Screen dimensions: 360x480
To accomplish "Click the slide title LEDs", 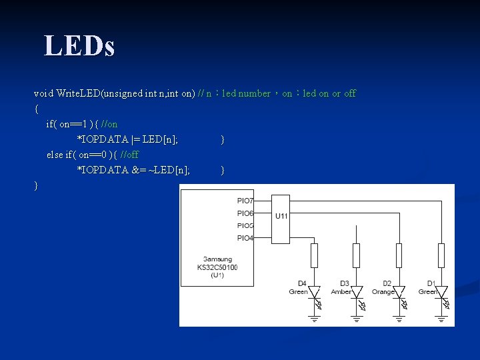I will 79,46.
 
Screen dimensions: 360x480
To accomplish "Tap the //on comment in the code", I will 109,124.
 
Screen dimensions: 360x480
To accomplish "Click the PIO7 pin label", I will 245,201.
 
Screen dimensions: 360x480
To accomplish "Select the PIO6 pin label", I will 245,213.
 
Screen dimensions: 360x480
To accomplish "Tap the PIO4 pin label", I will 245,238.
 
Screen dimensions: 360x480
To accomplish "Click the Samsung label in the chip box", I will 217,259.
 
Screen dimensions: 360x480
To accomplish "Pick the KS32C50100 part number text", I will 217,267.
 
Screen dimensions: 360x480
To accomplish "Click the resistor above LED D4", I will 314,255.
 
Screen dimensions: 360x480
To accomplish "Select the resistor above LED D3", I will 356,255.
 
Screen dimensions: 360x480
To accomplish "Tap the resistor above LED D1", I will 441,255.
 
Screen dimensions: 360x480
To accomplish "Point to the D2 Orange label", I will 383,288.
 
